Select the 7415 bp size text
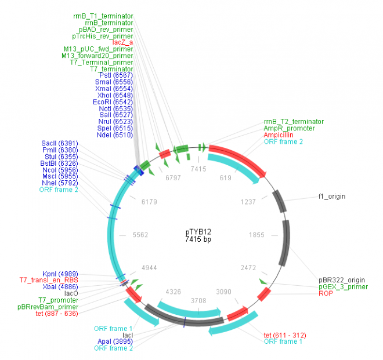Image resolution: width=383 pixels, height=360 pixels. coord(198,239)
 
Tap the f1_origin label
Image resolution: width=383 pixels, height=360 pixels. coord(332,197)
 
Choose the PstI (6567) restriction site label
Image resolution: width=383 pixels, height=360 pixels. coord(116,75)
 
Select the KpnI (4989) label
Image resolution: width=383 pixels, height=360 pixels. coord(60,273)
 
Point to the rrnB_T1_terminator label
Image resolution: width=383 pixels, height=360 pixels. coord(107,16)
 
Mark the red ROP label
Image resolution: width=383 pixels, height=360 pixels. coord(326,293)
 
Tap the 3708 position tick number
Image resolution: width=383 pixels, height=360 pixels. coord(198,301)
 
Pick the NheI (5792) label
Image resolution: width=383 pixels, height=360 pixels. coord(60,183)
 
